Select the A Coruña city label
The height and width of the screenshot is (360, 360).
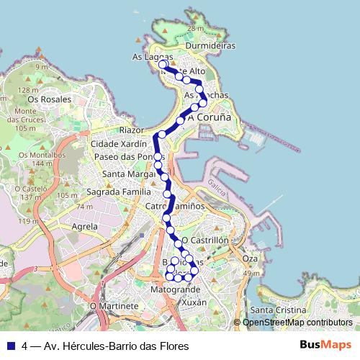coord(209,117)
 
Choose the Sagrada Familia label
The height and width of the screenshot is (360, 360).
coord(119,192)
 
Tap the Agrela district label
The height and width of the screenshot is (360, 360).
coord(84,226)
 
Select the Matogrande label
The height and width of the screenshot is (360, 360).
coord(176,290)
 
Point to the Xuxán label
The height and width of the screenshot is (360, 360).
coord(194,303)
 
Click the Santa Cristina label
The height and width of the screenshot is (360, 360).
coord(274,310)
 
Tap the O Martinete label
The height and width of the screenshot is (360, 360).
coord(114,306)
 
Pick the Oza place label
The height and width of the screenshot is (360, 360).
coord(250,258)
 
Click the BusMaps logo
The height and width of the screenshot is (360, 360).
coord(325,345)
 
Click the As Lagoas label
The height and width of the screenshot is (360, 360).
coord(152,56)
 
